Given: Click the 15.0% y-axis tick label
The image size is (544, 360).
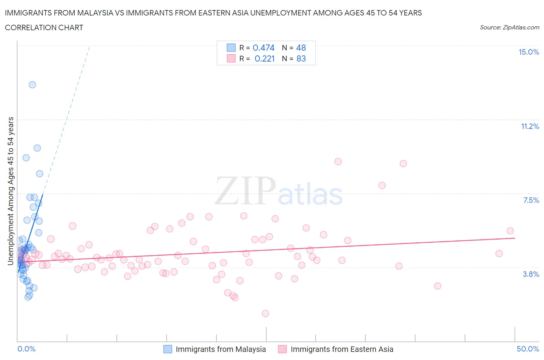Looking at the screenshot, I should click(x=529, y=52).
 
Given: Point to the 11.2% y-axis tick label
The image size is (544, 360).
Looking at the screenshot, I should click(x=530, y=127).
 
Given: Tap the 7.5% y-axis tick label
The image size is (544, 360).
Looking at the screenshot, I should click(x=531, y=201).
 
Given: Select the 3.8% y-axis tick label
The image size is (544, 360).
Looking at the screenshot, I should click(x=531, y=274).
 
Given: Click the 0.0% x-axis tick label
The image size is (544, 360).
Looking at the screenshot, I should click(x=26, y=349).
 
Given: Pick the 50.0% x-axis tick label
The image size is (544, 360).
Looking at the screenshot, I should click(x=528, y=349).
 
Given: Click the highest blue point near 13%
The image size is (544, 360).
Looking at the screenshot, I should click(x=33, y=85).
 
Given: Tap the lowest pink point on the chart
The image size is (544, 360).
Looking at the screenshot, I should click(x=265, y=314).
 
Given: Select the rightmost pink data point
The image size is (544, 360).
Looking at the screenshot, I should click(x=510, y=231).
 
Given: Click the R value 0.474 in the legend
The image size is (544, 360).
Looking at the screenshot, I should click(x=263, y=48).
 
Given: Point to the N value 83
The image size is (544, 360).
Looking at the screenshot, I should click(x=301, y=59).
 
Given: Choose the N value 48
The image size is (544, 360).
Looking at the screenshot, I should click(x=301, y=48).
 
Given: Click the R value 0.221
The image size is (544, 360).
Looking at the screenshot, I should click(x=265, y=59).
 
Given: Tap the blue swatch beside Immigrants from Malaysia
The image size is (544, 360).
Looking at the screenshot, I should click(x=168, y=349).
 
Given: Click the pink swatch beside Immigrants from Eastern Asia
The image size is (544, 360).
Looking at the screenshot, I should click(x=282, y=349).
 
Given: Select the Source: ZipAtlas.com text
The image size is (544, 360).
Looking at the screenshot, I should click(x=509, y=27).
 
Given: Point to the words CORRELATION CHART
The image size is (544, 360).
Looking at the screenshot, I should click(x=44, y=27).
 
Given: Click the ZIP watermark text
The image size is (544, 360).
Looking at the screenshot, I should click(x=245, y=191).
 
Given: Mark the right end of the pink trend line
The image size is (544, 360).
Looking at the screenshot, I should click(x=515, y=238).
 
